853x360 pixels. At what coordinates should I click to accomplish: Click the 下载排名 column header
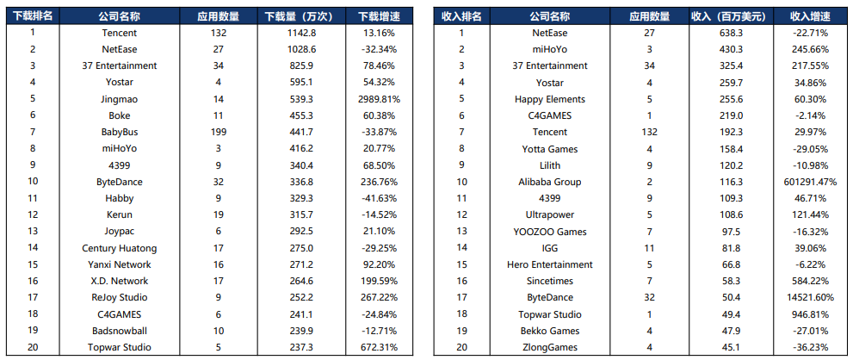tap(33, 16)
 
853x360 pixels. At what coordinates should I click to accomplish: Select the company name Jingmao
tap(119, 99)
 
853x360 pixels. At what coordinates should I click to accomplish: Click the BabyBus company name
tap(119, 132)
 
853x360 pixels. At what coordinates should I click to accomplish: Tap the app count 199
tap(219, 132)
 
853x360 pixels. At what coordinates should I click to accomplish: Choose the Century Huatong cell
tap(119, 248)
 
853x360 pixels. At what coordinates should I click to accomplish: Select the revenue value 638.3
tap(729, 33)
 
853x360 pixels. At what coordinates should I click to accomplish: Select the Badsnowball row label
tap(119, 331)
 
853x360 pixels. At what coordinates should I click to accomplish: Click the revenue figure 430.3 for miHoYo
tap(729, 49)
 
